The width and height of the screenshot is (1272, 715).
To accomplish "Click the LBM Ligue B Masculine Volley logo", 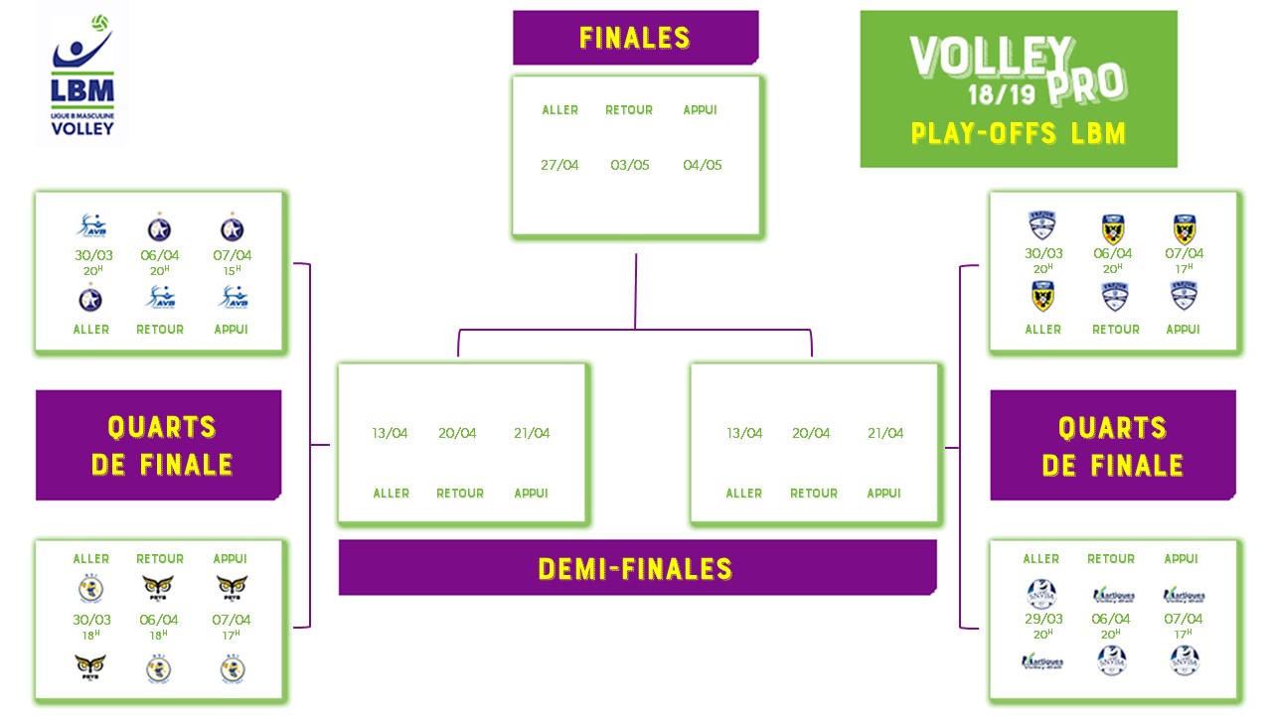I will [x=82, y=74].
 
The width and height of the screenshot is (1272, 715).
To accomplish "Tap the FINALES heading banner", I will [x=635, y=38].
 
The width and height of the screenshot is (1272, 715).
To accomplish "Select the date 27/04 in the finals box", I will [x=559, y=165].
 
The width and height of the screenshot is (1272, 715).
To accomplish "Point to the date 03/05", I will [x=630, y=165].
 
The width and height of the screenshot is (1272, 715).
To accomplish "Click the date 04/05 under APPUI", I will [x=702, y=165].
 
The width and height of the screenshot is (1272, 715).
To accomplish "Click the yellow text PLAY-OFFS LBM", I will [x=1018, y=133].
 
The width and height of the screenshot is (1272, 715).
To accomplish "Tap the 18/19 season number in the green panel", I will [x=997, y=95].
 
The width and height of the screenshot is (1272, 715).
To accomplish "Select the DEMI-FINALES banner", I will [x=636, y=569].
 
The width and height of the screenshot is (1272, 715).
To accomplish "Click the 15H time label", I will [x=233, y=271].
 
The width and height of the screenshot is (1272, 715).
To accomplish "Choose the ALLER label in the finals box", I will [x=559, y=110].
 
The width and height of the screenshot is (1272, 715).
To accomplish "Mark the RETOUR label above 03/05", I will [x=629, y=110].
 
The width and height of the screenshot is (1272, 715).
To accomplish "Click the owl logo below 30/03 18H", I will [x=90, y=665].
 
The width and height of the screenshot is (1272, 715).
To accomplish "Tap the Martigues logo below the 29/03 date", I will [x=1041, y=661].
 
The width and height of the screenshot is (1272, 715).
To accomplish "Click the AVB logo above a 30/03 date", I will [x=90, y=227].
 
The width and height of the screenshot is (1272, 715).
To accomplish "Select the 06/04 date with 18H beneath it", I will [x=159, y=620].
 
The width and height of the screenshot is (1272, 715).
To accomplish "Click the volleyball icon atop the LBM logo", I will [x=99, y=22].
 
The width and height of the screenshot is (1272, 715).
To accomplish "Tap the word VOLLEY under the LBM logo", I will [x=82, y=128].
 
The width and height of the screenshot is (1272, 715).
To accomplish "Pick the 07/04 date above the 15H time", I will [x=233, y=255].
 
